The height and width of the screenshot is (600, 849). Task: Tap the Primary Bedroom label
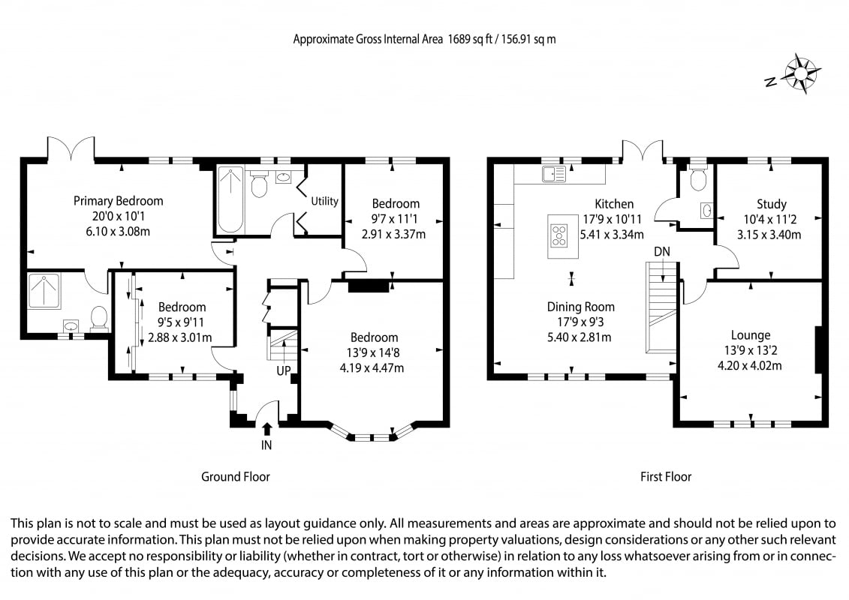point(118,201)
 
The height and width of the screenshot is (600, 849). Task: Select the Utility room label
point(324,201)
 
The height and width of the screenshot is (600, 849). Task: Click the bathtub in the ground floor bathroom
point(230,199)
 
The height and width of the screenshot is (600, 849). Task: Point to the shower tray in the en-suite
point(44,291)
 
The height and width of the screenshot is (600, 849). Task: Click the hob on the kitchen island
point(558,236)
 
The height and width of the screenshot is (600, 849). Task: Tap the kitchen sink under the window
point(553,174)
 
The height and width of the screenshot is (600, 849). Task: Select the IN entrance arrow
point(266,428)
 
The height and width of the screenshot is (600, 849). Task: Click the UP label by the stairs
point(284,371)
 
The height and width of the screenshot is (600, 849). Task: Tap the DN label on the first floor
point(661,251)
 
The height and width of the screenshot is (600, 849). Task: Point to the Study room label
point(771,205)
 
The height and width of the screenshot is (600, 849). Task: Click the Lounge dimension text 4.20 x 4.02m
point(749,366)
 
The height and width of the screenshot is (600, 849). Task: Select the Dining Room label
point(580,307)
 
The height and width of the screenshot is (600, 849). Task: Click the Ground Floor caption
point(236,477)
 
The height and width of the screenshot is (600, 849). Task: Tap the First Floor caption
point(665,477)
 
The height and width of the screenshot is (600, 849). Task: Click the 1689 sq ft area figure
point(470,39)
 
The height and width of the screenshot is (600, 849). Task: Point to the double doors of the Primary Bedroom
point(71,148)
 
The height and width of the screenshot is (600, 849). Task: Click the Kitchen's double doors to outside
point(642,149)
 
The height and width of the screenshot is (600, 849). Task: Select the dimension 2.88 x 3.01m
point(179,337)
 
